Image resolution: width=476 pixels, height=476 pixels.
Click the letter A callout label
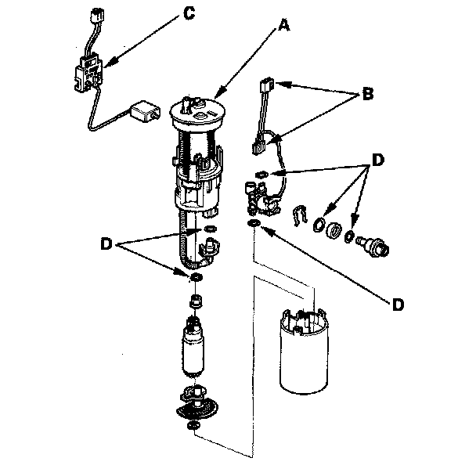tap(284, 25)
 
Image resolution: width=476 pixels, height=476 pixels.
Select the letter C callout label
tap(189, 13)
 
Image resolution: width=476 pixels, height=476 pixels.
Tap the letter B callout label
tap(368, 94)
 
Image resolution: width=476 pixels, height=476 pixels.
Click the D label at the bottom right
tap(398, 305)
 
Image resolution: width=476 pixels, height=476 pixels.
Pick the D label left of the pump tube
tap(106, 243)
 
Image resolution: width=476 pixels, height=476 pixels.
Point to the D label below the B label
tap(377, 160)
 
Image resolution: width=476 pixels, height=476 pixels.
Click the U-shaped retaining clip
tap(300, 215)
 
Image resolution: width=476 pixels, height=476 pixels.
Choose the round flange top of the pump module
tap(198, 114)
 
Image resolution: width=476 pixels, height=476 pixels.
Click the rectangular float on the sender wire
tap(145, 112)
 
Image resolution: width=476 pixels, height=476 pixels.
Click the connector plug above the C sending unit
tap(97, 15)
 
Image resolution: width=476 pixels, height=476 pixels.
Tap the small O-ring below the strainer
tap(193, 425)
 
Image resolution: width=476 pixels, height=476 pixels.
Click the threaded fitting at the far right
tap(373, 246)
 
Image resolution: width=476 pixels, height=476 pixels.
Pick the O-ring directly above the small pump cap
tap(196, 277)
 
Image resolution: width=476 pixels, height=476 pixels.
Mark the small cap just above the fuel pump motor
tap(196, 301)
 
